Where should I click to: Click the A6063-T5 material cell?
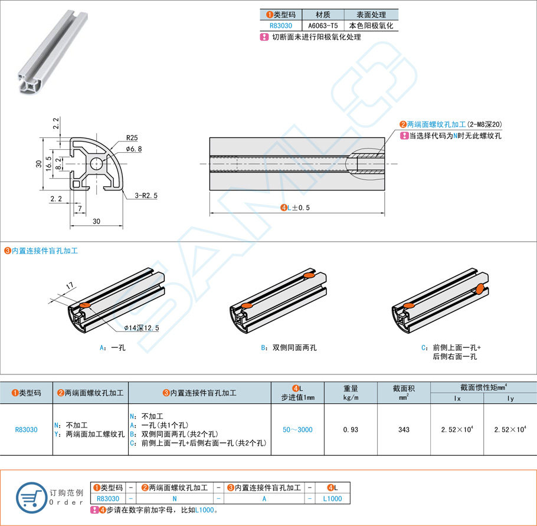click(323, 26)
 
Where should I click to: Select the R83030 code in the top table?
click(281, 26)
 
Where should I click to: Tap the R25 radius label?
click(132, 139)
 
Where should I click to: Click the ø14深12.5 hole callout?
click(142, 328)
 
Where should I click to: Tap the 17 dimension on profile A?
click(69, 287)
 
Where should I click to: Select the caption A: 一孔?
click(113, 347)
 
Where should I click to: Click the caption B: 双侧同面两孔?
click(289, 347)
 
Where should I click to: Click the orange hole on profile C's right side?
click(480, 288)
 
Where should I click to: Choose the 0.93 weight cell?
click(351, 429)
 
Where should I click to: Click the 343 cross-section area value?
click(404, 429)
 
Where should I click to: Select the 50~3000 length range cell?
click(297, 429)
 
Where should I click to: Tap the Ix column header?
click(457, 399)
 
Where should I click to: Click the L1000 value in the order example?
click(332, 498)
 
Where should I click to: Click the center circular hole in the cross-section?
click(96, 163)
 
